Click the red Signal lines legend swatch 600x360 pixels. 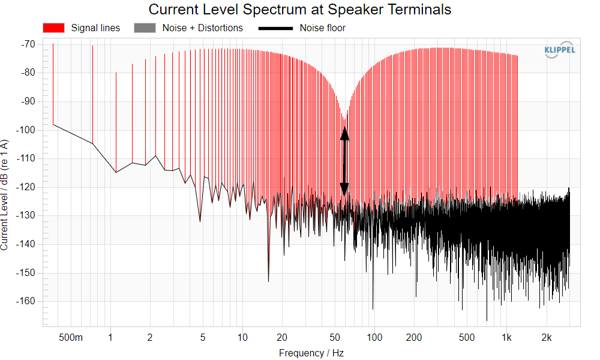[53, 28]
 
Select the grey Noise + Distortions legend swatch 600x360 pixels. [145, 28]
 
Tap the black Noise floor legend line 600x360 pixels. [275, 28]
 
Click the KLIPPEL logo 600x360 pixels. [559, 50]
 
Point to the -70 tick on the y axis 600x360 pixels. [28, 44]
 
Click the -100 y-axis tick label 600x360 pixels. [26, 130]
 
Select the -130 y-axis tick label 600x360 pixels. [26, 215]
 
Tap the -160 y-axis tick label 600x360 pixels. [26, 301]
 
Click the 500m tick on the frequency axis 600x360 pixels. [71, 337]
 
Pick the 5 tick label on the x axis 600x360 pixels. [202, 337]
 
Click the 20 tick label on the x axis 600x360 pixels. [282, 337]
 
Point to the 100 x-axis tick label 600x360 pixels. [374, 337]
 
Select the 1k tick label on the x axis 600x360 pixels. [506, 337]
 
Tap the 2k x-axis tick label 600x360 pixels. [547, 337]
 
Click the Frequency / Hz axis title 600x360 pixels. [311, 353]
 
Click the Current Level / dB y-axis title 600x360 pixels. [4, 195]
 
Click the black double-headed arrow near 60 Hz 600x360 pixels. [344, 161]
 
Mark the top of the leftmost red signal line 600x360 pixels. [53, 44]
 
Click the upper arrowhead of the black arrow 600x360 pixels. [344, 133]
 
